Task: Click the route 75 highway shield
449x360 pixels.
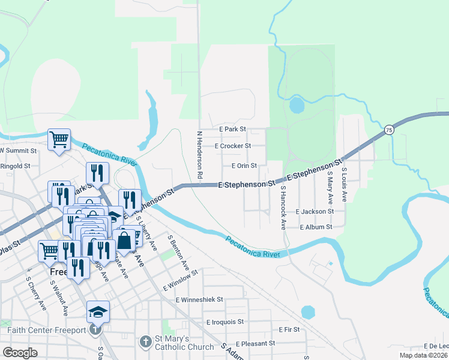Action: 389,130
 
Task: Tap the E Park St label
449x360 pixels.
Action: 233,129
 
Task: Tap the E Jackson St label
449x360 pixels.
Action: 315,212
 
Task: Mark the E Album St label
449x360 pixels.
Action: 316,227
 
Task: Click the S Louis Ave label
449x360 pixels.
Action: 345,184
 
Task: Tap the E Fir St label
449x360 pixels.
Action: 289,329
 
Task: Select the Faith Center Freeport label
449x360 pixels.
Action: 47,329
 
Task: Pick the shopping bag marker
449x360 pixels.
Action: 124,240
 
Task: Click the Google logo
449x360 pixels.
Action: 20,353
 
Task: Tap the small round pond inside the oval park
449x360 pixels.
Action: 297,106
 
